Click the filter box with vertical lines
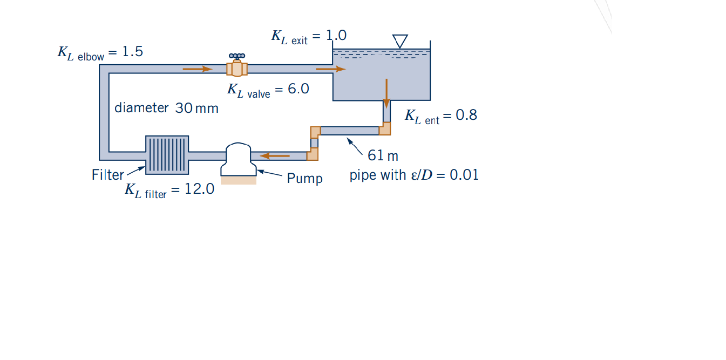167,154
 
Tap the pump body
238,158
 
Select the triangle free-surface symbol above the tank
400,41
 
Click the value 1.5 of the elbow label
132,52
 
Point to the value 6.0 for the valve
298,89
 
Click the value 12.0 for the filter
199,189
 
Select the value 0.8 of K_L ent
466,115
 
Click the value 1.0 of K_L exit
336,36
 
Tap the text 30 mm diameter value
196,108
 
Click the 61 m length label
383,156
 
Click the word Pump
304,178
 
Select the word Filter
107,175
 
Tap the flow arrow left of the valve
198,69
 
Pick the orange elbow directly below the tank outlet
385,128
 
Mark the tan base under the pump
239,180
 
